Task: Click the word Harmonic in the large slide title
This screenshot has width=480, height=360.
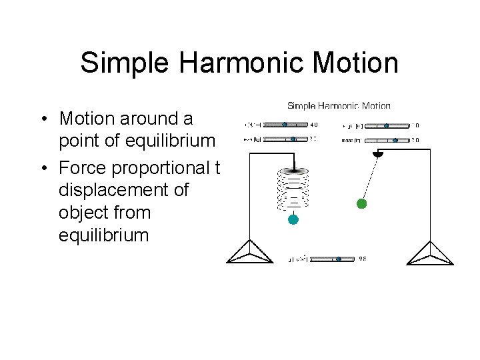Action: (238, 63)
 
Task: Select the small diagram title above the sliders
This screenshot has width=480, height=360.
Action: (339, 105)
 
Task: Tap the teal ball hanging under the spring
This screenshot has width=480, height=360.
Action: (293, 219)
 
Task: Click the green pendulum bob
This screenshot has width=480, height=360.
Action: (361, 204)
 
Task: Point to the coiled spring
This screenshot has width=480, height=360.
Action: (293, 187)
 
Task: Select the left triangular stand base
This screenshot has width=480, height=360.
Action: (249, 253)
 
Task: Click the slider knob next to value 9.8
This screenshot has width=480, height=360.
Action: (339, 259)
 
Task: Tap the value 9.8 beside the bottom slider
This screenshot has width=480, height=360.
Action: (363, 259)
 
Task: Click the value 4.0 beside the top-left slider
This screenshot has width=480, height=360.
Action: (314, 125)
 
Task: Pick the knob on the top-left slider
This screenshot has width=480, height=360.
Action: (285, 125)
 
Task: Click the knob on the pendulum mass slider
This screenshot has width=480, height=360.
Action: (395, 140)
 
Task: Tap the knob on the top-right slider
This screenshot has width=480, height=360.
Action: (386, 125)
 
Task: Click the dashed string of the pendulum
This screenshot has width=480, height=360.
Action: (370, 179)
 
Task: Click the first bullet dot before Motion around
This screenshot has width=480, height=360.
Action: (42, 119)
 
